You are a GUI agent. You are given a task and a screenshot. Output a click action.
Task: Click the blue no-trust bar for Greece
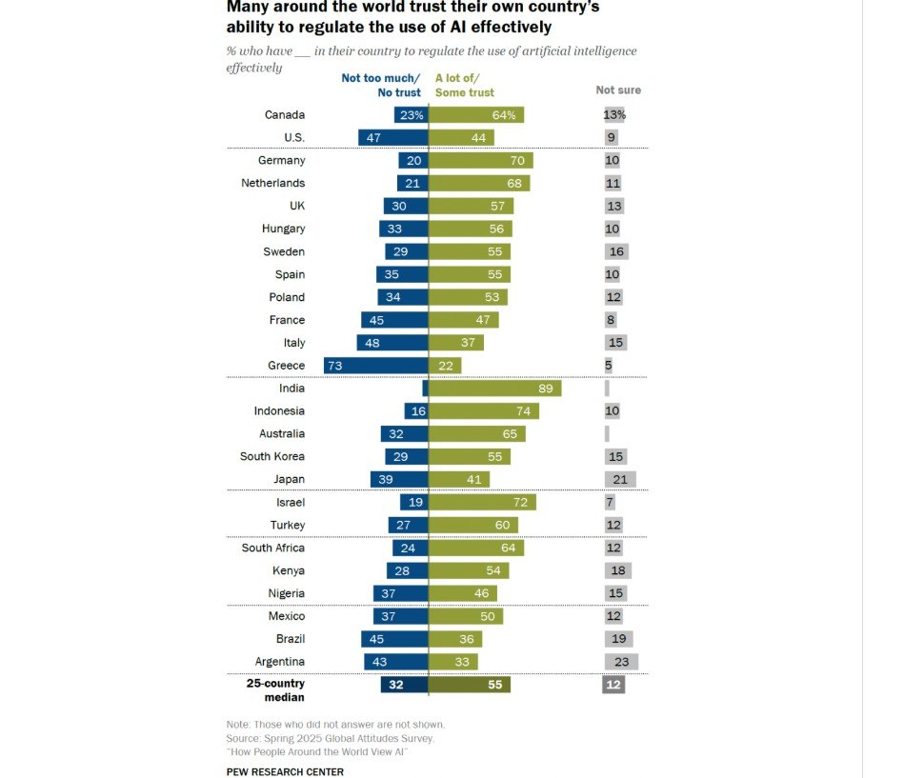tap(391, 366)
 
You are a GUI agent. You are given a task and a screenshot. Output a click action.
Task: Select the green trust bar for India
tap(495, 389)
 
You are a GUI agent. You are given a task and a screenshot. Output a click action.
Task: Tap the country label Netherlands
tap(272, 183)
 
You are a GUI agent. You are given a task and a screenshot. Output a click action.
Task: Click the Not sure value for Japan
tap(619, 480)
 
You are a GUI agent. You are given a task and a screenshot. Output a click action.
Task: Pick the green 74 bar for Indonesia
tap(484, 411)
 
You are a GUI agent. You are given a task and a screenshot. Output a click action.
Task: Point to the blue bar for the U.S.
tap(393, 137)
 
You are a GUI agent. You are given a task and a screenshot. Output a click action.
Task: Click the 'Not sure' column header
tap(618, 90)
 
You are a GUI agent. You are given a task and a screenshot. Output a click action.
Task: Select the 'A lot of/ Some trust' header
tap(465, 86)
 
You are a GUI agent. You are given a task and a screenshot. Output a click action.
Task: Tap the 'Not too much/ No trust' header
tap(381, 86)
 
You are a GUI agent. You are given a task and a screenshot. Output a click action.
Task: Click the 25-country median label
tap(275, 690)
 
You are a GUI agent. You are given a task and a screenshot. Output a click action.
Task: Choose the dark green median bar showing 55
tap(470, 685)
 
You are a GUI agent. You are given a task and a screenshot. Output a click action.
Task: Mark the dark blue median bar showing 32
tap(404, 685)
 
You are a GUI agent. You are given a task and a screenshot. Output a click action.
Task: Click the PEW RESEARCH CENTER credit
tap(285, 771)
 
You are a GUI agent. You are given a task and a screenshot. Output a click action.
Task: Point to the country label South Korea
tap(272, 457)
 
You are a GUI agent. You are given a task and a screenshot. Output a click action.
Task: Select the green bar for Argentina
tap(453, 662)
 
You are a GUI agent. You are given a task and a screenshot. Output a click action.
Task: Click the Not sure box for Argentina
tap(621, 662)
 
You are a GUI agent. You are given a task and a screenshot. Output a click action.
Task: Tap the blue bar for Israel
tap(414, 503)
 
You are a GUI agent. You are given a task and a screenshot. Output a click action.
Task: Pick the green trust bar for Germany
tap(481, 161)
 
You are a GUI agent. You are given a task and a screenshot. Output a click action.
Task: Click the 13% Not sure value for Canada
tap(614, 115)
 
